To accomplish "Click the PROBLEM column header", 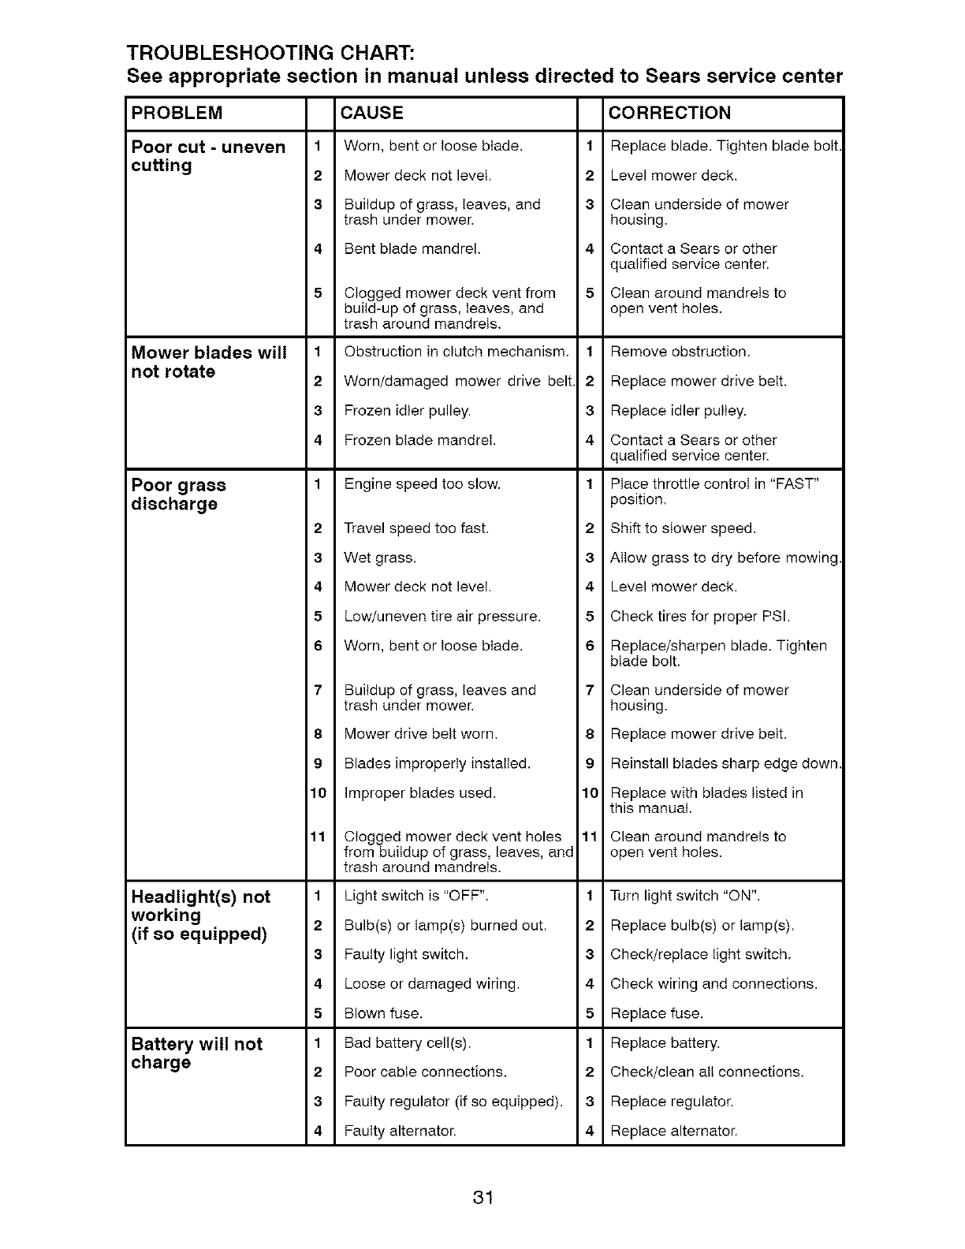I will [177, 113].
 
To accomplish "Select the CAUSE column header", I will [371, 113].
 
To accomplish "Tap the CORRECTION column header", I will [670, 113].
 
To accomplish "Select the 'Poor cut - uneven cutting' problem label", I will [208, 156].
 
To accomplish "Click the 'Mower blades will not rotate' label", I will [208, 362].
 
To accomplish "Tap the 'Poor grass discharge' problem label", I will [179, 494].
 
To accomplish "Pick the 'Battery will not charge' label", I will [197, 1053].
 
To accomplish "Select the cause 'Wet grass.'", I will [380, 557].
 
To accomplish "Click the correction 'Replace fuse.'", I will [657, 1013].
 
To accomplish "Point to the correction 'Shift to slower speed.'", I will [683, 528].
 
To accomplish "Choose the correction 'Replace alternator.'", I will [674, 1131].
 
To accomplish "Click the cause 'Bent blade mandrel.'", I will [412, 248].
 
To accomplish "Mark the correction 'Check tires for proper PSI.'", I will [700, 616].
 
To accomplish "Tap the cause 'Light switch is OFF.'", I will [418, 896].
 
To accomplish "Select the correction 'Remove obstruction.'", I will [680, 352].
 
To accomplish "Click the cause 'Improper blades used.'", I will [420, 792].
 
